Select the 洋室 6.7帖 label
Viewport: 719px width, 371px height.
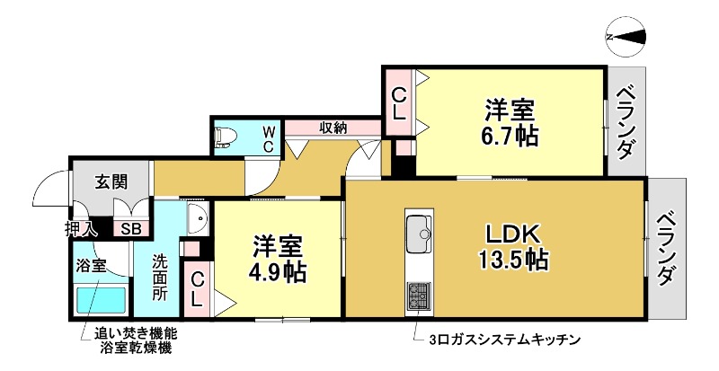click(509, 124)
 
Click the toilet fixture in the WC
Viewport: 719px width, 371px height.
click(226, 137)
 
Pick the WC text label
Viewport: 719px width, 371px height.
click(268, 138)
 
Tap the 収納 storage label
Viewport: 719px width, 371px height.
click(333, 128)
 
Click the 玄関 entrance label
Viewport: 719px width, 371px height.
click(111, 181)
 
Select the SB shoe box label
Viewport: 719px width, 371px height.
click(130, 228)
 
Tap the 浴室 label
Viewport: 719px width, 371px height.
click(91, 266)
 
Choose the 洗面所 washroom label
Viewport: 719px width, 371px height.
click(159, 276)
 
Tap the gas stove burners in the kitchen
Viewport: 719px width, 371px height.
click(419, 295)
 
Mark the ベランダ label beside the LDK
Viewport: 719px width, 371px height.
click(665, 248)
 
